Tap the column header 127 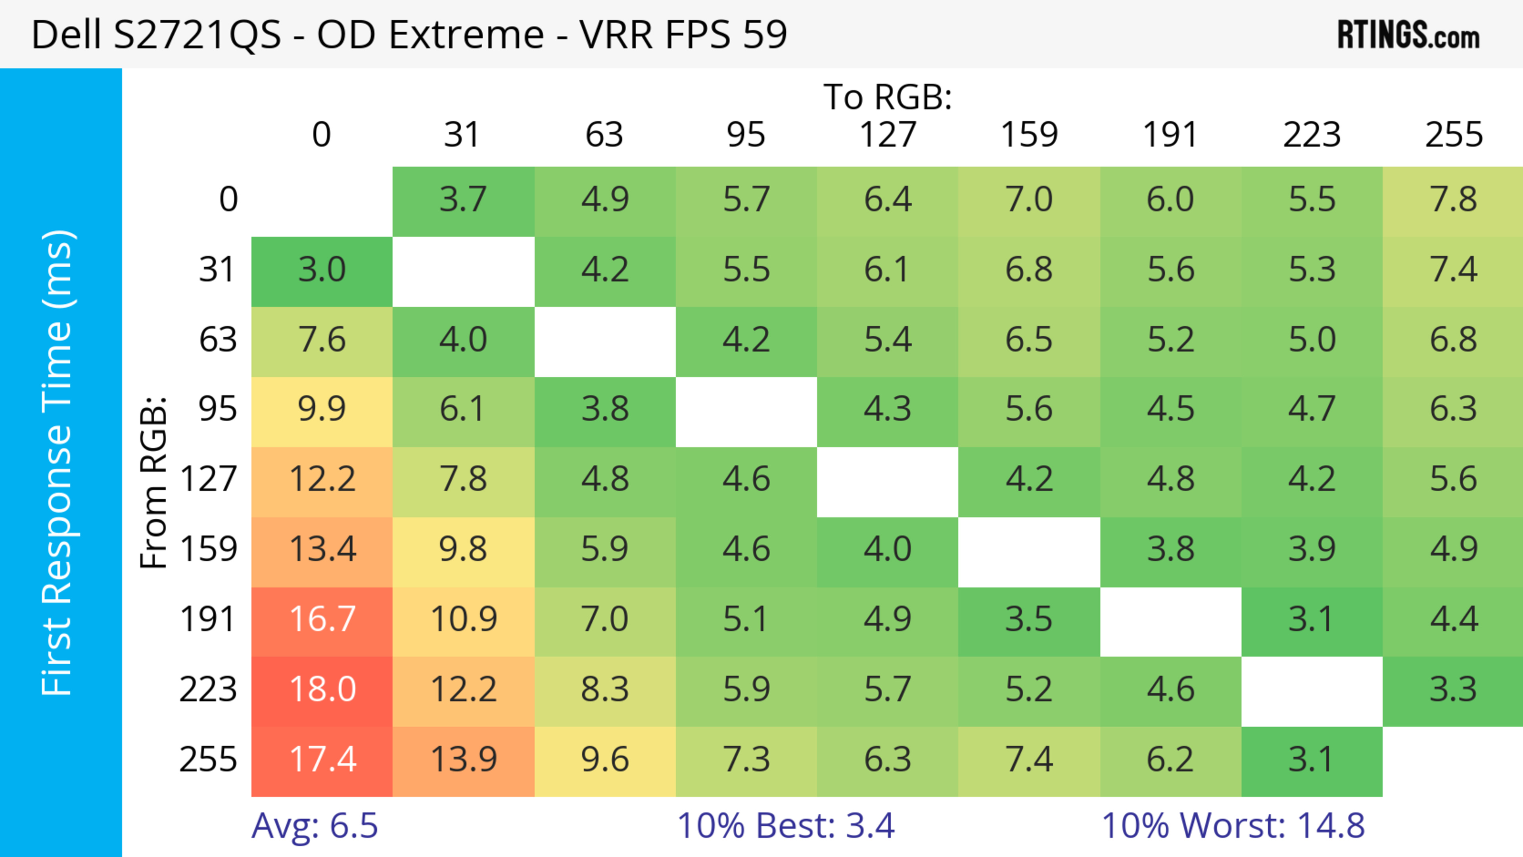[x=888, y=135]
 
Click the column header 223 [x=1312, y=135]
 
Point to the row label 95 [x=218, y=409]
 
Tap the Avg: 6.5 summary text [x=315, y=826]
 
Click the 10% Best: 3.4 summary [x=786, y=826]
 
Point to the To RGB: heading [x=888, y=98]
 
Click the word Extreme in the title [x=466, y=34]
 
